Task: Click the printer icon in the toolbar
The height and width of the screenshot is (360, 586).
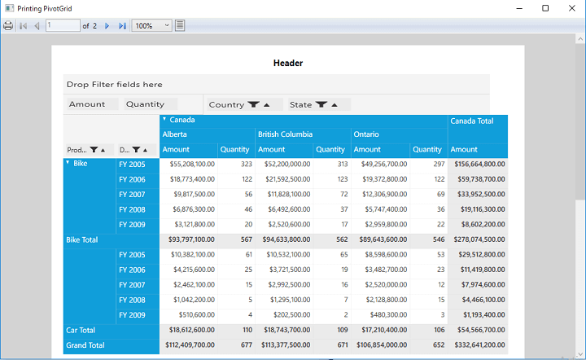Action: click(x=8, y=26)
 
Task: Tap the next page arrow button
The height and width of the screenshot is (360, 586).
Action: click(x=107, y=26)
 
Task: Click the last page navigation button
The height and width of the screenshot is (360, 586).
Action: click(x=122, y=26)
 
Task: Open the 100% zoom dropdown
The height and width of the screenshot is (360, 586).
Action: click(x=151, y=26)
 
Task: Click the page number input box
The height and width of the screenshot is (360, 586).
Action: click(x=63, y=25)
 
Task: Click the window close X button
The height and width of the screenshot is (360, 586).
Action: click(x=572, y=8)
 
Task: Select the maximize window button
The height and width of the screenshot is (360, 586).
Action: click(x=545, y=8)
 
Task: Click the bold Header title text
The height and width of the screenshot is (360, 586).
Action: click(x=288, y=63)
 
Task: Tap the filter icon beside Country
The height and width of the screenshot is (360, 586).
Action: click(x=253, y=104)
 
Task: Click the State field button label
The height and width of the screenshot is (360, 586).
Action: click(x=300, y=105)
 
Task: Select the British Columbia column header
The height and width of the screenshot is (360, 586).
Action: click(x=285, y=134)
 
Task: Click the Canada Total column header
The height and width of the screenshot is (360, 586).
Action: click(x=471, y=121)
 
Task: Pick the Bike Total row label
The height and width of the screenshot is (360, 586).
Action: click(x=82, y=239)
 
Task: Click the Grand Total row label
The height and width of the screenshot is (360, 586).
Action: click(x=85, y=345)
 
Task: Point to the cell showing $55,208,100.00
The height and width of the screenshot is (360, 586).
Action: click(x=192, y=164)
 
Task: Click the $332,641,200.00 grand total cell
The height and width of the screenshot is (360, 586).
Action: click(x=479, y=345)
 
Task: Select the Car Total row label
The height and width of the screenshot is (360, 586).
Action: click(x=81, y=330)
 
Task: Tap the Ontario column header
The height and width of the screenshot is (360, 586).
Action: click(x=366, y=134)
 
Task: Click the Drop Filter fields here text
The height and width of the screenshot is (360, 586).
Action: click(x=115, y=85)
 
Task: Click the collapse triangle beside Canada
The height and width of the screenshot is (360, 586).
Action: click(x=164, y=119)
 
